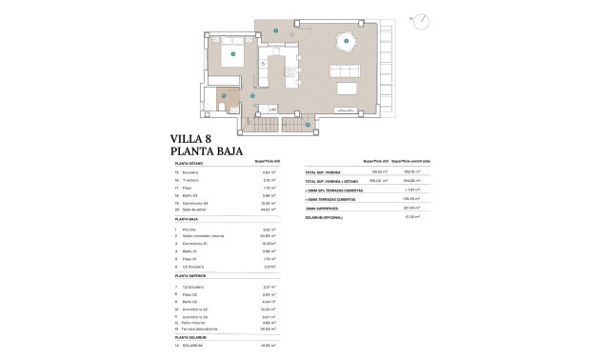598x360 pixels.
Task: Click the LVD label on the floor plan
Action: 271,110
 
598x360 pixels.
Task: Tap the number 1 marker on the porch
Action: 276,31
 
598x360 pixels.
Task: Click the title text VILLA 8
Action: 191,138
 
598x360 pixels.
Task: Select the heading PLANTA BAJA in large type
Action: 207,151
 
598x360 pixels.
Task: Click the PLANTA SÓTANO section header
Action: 189,164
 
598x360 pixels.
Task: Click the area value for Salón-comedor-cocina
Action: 268,236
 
